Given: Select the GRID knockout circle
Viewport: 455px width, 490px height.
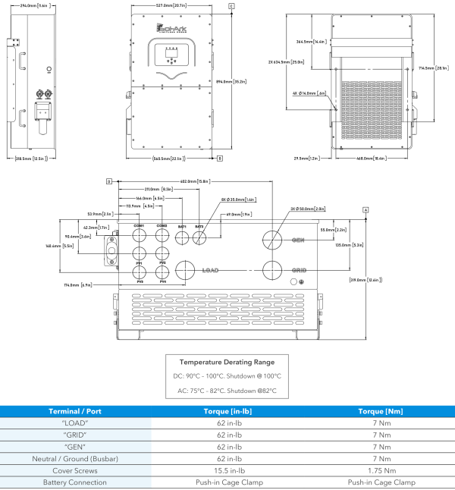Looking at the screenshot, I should point(272,270).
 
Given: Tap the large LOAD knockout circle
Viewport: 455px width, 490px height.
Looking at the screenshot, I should point(185,270).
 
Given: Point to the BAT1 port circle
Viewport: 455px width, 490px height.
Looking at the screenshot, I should point(182,238).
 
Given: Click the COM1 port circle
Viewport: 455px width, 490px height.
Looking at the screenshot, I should point(140,237).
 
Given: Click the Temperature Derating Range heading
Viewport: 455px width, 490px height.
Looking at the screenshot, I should point(227,362).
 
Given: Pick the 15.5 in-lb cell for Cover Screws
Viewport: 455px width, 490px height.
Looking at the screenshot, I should point(228,470).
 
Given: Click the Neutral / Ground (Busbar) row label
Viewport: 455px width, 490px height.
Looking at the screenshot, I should point(76,459).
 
